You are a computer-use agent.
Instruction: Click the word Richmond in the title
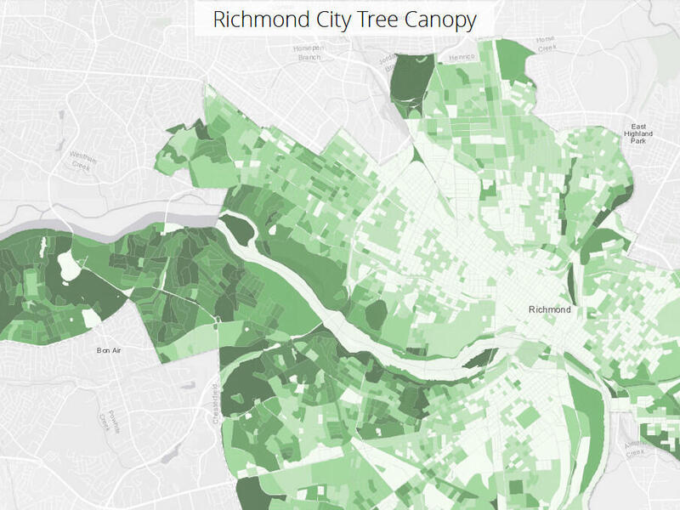click(x=252, y=20)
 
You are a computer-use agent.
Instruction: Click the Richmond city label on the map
click(x=549, y=309)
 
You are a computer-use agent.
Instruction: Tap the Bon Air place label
click(x=110, y=349)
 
